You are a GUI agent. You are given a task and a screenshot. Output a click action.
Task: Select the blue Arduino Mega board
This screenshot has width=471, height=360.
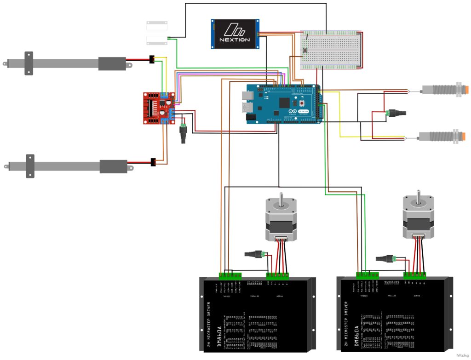[283, 104]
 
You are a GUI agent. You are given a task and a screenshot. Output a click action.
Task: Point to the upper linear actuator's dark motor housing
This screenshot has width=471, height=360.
[112, 64]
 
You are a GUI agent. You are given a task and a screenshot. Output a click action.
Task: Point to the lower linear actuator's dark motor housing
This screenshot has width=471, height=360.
[113, 166]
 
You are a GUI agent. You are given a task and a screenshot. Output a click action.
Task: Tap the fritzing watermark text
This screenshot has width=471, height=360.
[461, 355]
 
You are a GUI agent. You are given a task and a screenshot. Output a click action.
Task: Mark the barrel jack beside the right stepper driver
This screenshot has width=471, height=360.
[385, 258]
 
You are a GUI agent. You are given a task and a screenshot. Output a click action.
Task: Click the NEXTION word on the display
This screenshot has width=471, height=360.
[235, 40]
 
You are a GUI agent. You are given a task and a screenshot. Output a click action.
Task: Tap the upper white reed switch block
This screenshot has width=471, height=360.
[157, 23]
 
